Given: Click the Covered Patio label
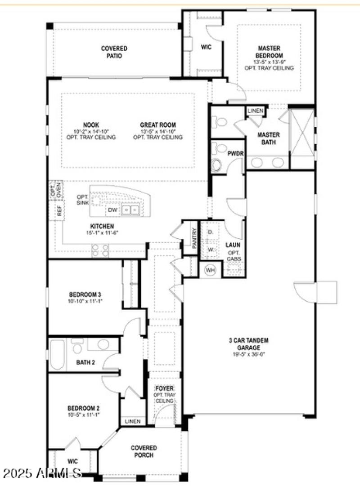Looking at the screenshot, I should (x=114, y=52).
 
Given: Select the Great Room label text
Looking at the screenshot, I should (x=157, y=125).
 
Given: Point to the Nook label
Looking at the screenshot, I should (x=91, y=125).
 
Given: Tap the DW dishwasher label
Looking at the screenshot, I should (x=112, y=210).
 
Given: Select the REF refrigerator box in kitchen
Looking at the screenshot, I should (x=59, y=212).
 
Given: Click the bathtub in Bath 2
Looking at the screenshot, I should (x=57, y=354).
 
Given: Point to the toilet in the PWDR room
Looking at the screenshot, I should (x=217, y=165).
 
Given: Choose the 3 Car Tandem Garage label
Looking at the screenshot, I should (x=248, y=344).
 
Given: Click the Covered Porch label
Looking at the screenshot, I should (x=144, y=451).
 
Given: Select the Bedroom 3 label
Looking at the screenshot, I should (x=81, y=294).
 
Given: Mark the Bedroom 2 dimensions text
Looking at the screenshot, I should (x=83, y=414).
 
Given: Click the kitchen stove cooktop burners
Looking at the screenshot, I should (x=100, y=250).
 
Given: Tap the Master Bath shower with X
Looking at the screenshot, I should (x=302, y=132).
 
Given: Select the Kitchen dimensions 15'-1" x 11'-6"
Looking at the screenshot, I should (x=102, y=232).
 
